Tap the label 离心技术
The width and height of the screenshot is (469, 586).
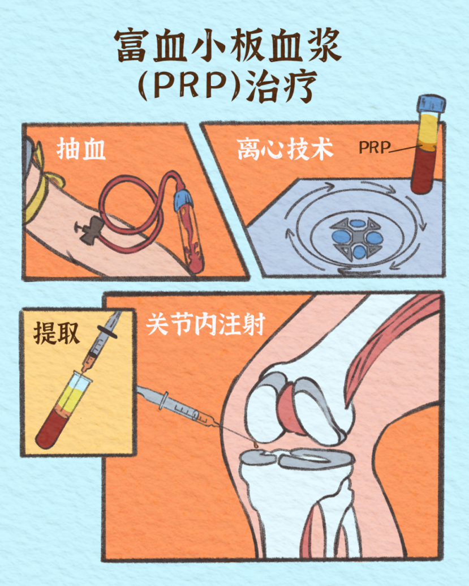click(x=285, y=149)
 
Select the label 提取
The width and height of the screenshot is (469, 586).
click(x=57, y=332)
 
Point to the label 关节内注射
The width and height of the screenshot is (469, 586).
click(x=206, y=324)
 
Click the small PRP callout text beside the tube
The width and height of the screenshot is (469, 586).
click(x=374, y=148)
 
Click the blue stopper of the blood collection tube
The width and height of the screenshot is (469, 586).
click(x=183, y=200)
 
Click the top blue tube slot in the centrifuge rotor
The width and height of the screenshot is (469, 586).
click(x=359, y=224)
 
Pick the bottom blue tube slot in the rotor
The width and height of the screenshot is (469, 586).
click(x=359, y=251)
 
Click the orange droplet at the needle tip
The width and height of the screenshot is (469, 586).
click(x=255, y=444)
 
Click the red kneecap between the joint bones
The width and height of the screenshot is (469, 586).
click(x=291, y=407)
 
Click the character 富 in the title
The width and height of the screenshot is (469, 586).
click(x=131, y=46)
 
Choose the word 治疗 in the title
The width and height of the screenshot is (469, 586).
click(x=281, y=87)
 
